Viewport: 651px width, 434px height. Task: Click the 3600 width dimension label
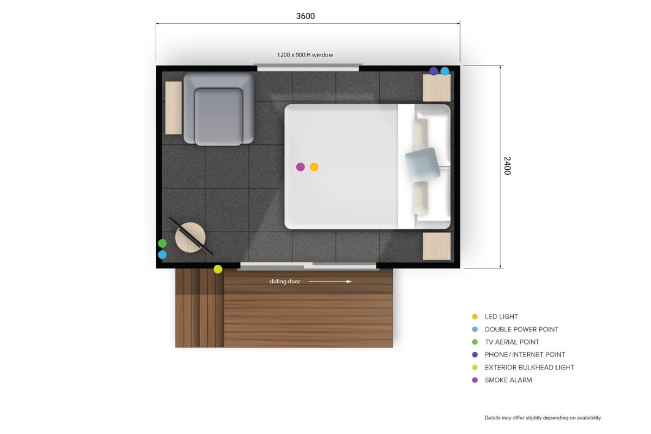pyautogui.click(x=305, y=16)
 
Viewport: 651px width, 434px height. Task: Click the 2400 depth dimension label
pyautogui.click(x=507, y=165)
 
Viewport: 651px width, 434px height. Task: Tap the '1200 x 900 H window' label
pyautogui.click(x=305, y=55)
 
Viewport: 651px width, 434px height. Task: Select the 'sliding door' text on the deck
pyautogui.click(x=284, y=282)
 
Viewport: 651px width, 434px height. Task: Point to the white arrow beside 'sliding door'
pyautogui.click(x=330, y=282)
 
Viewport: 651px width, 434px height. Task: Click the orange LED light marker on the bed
pyautogui.click(x=314, y=167)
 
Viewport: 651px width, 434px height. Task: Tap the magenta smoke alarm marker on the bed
pyautogui.click(x=300, y=167)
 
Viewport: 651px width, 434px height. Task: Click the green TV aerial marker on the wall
pyautogui.click(x=162, y=243)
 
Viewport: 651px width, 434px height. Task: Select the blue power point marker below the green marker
pyautogui.click(x=162, y=254)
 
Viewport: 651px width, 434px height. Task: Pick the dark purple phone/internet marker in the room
pyautogui.click(x=433, y=71)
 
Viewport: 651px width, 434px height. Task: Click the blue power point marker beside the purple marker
pyautogui.click(x=445, y=71)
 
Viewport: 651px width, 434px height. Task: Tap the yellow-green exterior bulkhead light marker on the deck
pyautogui.click(x=218, y=269)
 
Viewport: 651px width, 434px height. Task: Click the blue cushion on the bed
pyautogui.click(x=423, y=164)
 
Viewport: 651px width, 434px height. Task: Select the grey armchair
pyautogui.click(x=219, y=109)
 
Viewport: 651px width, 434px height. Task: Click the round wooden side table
pyautogui.click(x=190, y=238)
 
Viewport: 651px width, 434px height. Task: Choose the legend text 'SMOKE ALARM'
pyautogui.click(x=508, y=380)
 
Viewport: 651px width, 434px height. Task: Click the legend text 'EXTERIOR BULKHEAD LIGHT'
pyautogui.click(x=529, y=367)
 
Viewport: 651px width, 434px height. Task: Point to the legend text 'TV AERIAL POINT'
pyautogui.click(x=512, y=342)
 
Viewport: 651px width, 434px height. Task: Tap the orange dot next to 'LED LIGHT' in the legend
pyautogui.click(x=475, y=317)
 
